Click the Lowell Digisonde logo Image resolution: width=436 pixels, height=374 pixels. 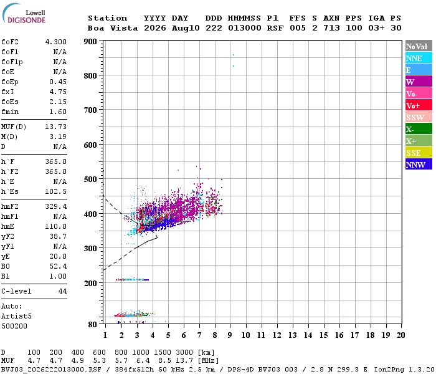click(24, 13)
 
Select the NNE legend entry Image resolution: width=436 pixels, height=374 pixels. click(419, 58)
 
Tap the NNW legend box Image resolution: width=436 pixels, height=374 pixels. click(419, 165)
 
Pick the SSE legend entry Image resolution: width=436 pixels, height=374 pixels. click(419, 153)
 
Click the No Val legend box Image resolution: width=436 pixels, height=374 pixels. click(419, 46)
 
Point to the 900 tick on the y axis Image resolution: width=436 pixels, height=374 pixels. click(90, 42)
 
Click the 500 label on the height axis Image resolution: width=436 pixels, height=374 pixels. click(90, 180)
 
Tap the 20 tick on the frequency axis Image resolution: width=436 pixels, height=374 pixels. click(400, 335)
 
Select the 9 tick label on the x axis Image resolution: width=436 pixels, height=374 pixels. click(230, 335)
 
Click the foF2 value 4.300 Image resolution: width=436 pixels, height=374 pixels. click(56, 42)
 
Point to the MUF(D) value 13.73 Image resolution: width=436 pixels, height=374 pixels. click(56, 127)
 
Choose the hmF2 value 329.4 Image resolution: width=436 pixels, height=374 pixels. click(56, 206)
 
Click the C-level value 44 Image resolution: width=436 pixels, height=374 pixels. click(62, 291)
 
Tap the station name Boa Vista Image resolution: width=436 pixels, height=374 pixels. click(113, 28)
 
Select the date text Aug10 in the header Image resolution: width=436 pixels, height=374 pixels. click(186, 28)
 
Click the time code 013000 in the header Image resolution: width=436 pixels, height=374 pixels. click(244, 28)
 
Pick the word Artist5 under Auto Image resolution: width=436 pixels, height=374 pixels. click(16, 317)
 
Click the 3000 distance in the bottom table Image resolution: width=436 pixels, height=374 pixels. click(184, 352)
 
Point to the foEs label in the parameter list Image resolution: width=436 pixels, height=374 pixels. click(10, 102)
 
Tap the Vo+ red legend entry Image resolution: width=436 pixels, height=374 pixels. click(419, 105)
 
